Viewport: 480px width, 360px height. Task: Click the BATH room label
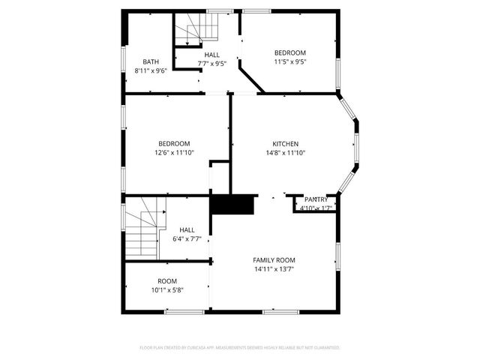[151, 61]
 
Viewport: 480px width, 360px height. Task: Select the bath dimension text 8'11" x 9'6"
[151, 70]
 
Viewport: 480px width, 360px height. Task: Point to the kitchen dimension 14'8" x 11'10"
[285, 152]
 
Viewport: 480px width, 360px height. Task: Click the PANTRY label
[316, 199]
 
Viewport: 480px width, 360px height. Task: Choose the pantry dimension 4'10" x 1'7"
[316, 208]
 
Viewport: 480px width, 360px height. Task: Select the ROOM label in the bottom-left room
[167, 280]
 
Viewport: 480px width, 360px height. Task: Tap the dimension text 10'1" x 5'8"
[167, 289]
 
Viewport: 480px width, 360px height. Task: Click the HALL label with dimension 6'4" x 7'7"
[187, 230]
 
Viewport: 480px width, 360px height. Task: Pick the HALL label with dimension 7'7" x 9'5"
[212, 55]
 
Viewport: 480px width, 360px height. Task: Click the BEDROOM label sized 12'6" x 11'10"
[173, 143]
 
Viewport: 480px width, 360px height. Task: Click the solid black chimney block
[232, 205]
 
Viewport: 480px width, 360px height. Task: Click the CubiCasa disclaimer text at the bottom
[240, 347]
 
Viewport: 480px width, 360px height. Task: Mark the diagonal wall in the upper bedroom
[251, 78]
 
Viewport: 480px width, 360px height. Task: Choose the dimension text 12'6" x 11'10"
[173, 152]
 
